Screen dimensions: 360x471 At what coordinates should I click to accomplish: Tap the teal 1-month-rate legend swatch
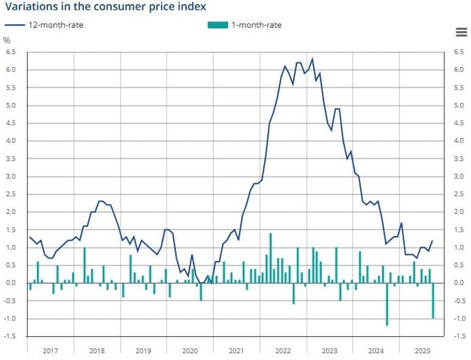tap(217, 25)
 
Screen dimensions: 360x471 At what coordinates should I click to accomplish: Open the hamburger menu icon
tap(461, 32)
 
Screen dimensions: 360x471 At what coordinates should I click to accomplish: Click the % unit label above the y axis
tap(7, 40)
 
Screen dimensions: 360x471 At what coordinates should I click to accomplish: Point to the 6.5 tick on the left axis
tap(10, 52)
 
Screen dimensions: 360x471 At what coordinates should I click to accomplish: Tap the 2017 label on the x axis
tap(50, 351)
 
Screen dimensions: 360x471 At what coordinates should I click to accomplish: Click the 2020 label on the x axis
tap(190, 351)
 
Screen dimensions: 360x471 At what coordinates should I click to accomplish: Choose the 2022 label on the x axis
tap(283, 351)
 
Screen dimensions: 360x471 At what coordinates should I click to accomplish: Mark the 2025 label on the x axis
tap(422, 351)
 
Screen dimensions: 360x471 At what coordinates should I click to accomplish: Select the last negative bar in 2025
tap(433, 300)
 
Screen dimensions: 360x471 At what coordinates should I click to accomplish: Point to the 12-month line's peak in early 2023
tap(312, 59)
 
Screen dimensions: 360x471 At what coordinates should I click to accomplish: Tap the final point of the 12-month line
tap(433, 240)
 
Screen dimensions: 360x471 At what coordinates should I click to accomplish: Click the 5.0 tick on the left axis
tap(10, 105)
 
